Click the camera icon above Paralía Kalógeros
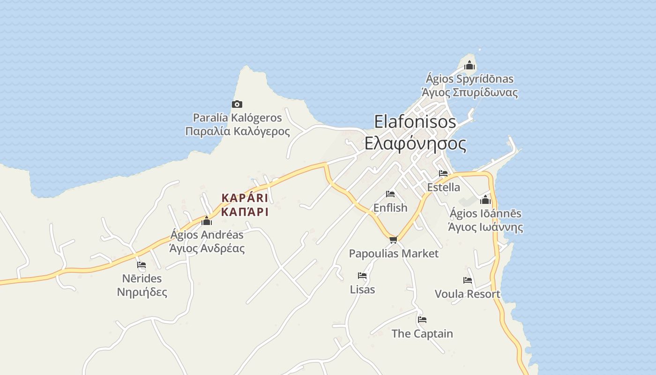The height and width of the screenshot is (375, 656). click(x=237, y=105)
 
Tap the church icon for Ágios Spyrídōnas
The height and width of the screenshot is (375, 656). click(x=470, y=65)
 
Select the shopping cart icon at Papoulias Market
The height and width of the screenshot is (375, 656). click(x=393, y=240)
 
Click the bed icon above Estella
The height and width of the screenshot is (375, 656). click(x=443, y=174)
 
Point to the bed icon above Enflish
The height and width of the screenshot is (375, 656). click(x=390, y=194)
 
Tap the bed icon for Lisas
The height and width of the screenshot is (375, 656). click(x=362, y=276)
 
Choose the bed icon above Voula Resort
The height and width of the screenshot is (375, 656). click(x=467, y=281)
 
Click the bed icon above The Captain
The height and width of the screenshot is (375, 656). click(x=422, y=320)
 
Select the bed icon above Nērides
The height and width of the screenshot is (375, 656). click(x=142, y=265)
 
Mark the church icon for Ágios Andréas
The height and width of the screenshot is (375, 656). click(x=207, y=221)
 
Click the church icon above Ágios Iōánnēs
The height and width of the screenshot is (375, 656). click(x=485, y=200)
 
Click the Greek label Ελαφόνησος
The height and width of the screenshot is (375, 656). click(x=415, y=143)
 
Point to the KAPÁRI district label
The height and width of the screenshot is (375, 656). click(x=245, y=198)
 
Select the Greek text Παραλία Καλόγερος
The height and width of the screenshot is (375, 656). click(x=238, y=131)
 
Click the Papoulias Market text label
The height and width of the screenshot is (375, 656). click(x=394, y=254)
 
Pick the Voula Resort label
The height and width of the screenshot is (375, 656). click(x=467, y=294)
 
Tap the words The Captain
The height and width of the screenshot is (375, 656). click(x=422, y=334)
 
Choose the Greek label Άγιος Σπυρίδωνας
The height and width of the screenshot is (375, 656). click(x=470, y=92)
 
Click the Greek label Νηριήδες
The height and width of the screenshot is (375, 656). click(x=142, y=292)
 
